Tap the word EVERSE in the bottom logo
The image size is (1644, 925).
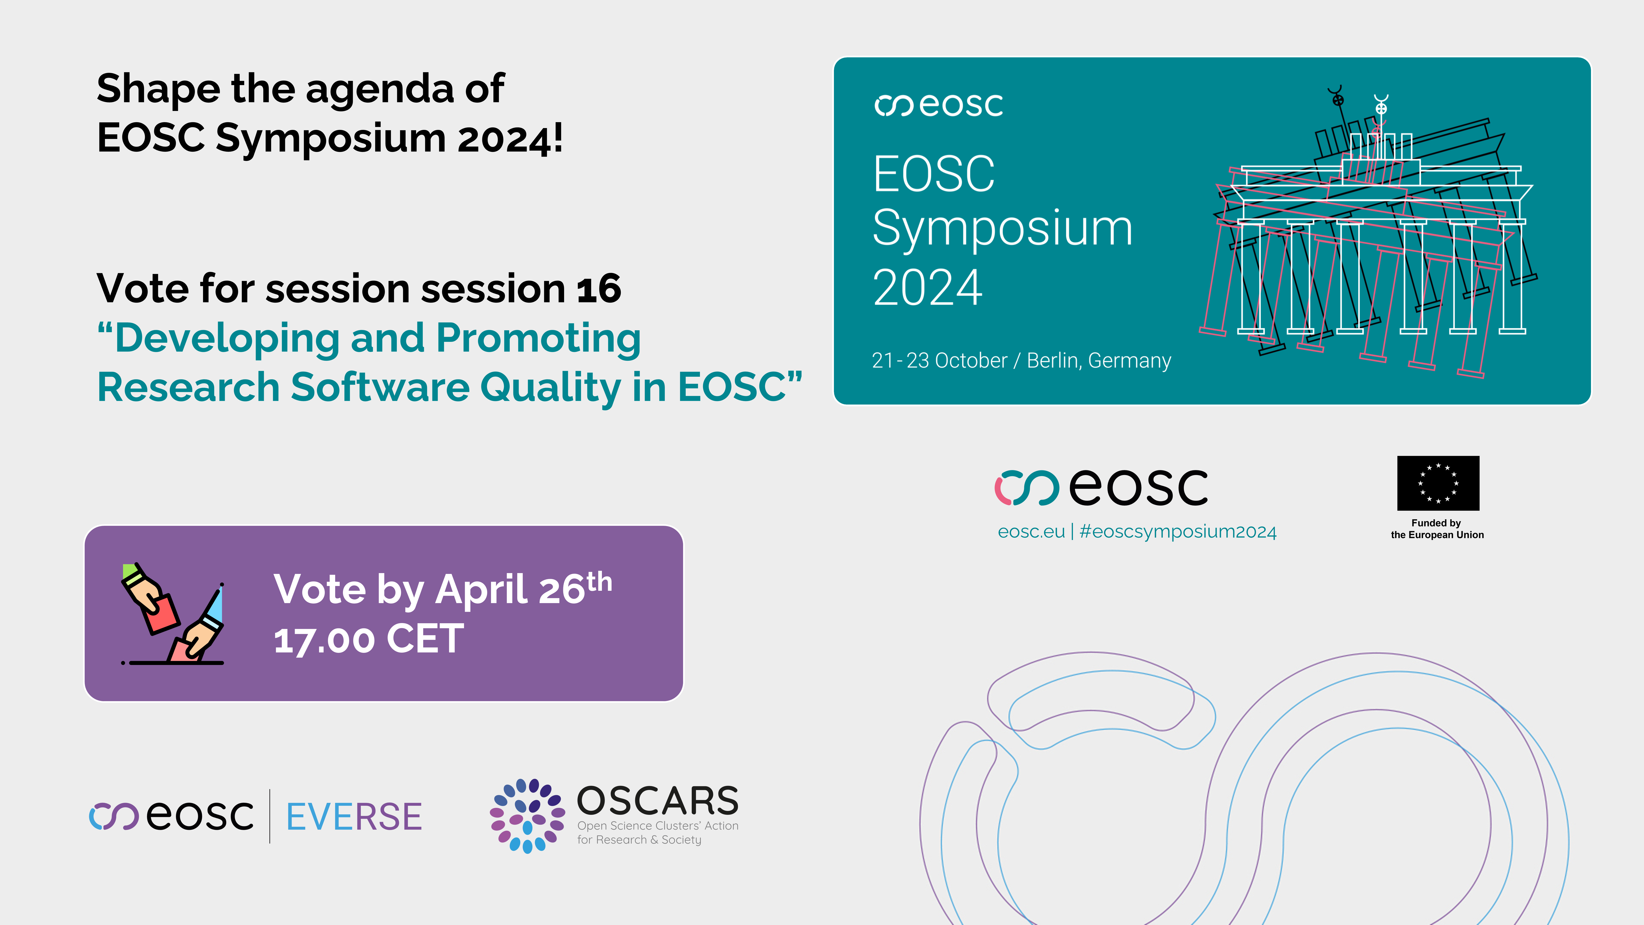pos(353,816)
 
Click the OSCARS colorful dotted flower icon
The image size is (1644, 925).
pos(527,816)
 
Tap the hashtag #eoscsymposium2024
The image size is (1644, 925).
pos(1178,532)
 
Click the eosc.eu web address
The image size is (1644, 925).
pos(1031,532)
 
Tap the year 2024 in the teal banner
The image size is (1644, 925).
pos(927,288)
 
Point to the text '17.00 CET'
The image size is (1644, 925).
pos(369,639)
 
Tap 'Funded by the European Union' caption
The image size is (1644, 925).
pos(1437,528)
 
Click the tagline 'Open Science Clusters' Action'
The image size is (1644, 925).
pos(657,826)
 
